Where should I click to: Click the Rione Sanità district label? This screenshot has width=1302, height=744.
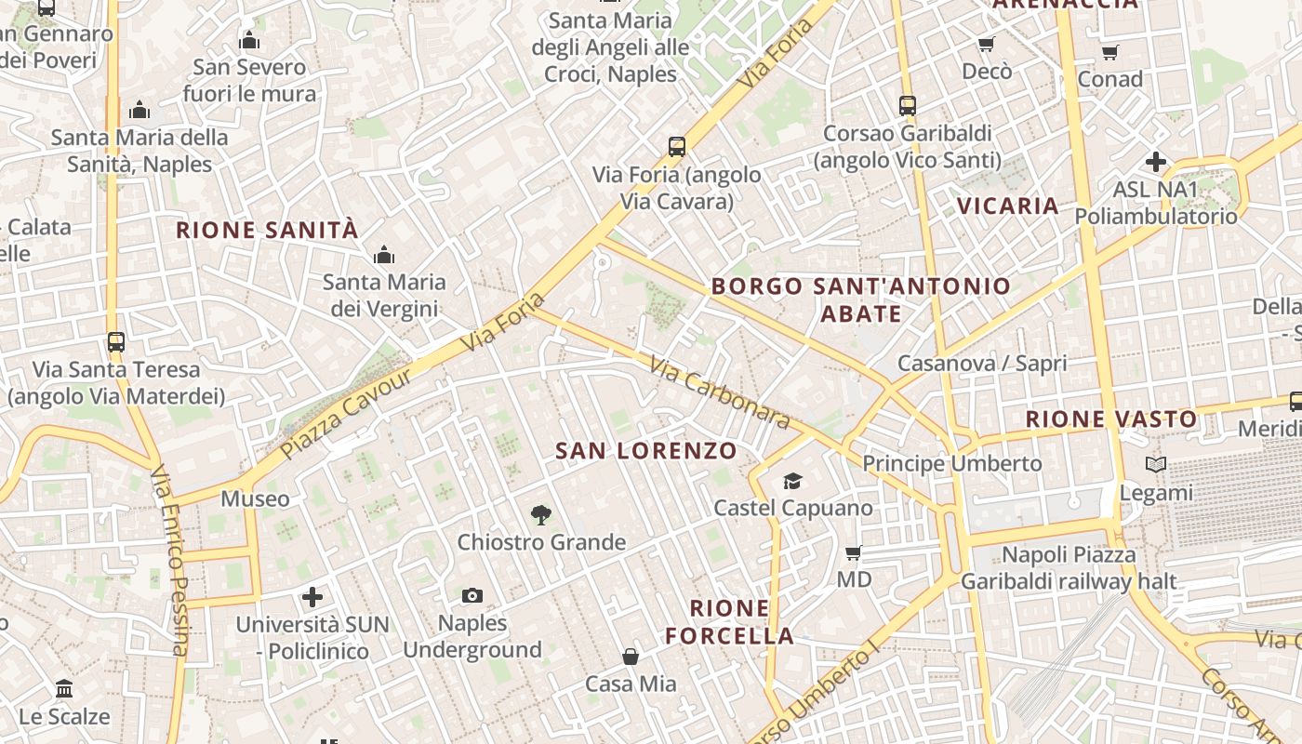pos(267,230)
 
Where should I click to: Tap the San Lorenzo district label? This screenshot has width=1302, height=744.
pos(646,451)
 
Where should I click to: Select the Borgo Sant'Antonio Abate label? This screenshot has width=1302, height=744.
pos(861,299)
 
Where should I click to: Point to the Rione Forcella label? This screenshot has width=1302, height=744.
pos(741,622)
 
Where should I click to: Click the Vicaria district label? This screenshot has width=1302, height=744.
pos(1008,206)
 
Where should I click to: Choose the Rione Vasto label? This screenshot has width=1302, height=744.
pos(1110,418)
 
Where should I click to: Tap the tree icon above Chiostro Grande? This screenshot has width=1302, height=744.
pos(540,515)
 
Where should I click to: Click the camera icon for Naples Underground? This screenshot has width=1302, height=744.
pos(472,595)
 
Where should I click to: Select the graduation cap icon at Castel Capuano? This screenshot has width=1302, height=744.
pos(792,481)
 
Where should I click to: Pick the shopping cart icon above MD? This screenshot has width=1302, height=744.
pos(854,552)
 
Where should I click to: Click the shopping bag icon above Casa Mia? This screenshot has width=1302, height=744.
pos(631,657)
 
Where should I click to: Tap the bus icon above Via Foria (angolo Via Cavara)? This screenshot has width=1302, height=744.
pos(677,147)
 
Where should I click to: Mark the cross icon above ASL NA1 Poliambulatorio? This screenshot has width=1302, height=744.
pos(1156,162)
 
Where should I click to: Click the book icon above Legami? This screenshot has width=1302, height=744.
pos(1156,464)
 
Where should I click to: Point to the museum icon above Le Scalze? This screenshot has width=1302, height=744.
pos(64,689)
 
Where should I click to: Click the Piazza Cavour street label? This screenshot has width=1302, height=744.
pos(346,413)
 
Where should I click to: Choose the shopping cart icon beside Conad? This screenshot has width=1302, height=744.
pos(1109,52)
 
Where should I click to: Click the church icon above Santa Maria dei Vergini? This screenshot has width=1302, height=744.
pos(383,255)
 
